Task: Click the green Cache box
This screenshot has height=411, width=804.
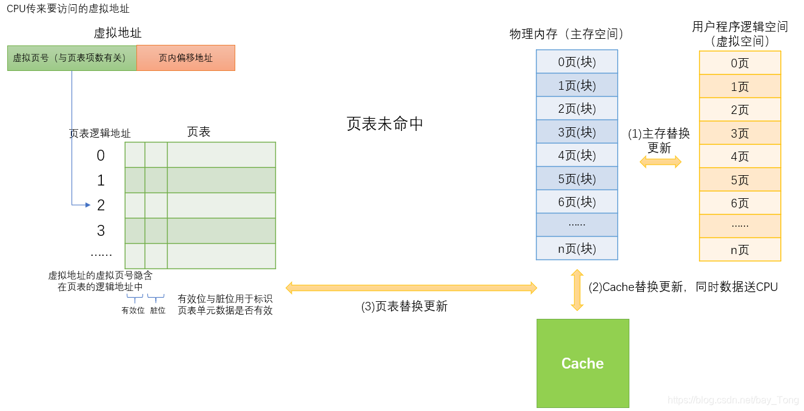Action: [583, 363]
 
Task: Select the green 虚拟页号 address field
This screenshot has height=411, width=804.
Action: [72, 58]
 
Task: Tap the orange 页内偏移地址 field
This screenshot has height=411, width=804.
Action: [186, 58]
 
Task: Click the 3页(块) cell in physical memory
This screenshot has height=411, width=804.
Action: [577, 132]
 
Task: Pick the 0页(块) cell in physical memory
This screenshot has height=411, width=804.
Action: [577, 62]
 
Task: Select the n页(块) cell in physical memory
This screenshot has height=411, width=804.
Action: [577, 249]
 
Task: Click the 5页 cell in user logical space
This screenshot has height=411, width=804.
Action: [740, 180]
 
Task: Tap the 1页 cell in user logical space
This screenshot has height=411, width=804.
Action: [740, 87]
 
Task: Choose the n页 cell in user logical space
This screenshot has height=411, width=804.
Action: [740, 250]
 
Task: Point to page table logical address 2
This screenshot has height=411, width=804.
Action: [101, 206]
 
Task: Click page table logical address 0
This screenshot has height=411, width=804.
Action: [101, 156]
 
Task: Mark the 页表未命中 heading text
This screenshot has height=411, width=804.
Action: [385, 124]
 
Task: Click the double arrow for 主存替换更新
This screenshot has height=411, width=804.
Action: [660, 162]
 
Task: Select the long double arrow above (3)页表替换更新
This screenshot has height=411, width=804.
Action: [411, 288]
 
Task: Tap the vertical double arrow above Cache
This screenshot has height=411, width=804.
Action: [577, 290]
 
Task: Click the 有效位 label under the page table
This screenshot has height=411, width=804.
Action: [133, 310]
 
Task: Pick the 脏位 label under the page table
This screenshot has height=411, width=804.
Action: [158, 310]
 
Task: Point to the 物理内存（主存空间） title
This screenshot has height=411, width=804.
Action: [567, 34]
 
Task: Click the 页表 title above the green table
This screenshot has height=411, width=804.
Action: [199, 132]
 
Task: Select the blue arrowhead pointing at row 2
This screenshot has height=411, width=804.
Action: [88, 206]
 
